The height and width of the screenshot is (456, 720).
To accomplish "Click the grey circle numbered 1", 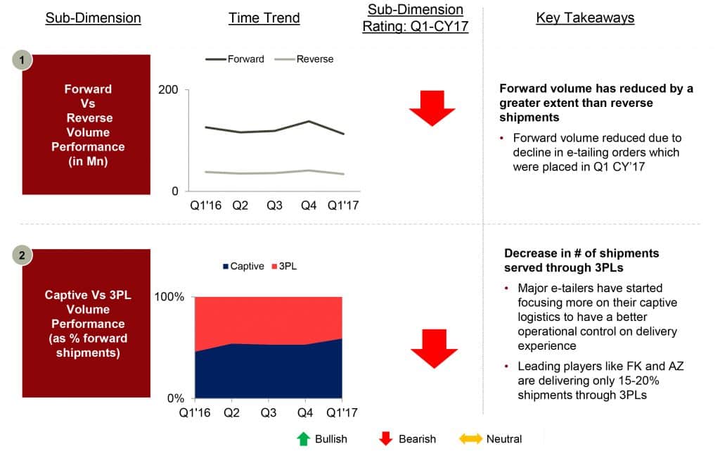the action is pyautogui.click(x=22, y=61).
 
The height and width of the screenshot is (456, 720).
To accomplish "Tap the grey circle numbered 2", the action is pyautogui.click(x=22, y=255).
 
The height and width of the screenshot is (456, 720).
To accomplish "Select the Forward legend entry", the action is pyautogui.click(x=235, y=59).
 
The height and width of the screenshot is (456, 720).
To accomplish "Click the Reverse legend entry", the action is pyautogui.click(x=304, y=59).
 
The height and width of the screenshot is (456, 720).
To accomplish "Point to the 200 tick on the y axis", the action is pyautogui.click(x=168, y=89).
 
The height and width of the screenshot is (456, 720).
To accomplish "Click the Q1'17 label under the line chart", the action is pyautogui.click(x=343, y=205).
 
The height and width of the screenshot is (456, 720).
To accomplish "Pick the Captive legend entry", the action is pyautogui.click(x=243, y=266).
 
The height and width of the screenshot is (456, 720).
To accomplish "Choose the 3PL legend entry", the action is pyautogui.click(x=284, y=266).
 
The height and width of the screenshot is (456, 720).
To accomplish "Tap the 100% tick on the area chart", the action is pyautogui.click(x=169, y=297).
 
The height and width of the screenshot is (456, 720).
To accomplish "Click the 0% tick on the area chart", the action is pyautogui.click(x=175, y=398).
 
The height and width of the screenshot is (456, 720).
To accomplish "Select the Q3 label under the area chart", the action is pyautogui.click(x=269, y=412).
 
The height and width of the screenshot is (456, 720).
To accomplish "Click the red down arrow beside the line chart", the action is pyautogui.click(x=432, y=108).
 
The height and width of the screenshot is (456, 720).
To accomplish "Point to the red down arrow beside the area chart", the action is pyautogui.click(x=434, y=348).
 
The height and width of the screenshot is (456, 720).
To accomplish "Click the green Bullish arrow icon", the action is pyautogui.click(x=303, y=439).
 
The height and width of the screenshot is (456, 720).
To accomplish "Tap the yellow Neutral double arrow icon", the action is pyautogui.click(x=470, y=439).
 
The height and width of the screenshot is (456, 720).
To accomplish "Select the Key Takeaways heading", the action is pyautogui.click(x=585, y=18).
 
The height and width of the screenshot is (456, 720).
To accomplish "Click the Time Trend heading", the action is pyautogui.click(x=264, y=18).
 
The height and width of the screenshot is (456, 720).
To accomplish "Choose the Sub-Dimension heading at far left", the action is pyautogui.click(x=94, y=18).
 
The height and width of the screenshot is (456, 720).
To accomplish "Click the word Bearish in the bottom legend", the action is pyautogui.click(x=417, y=439).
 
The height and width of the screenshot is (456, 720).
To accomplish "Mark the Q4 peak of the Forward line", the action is pyautogui.click(x=309, y=121).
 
